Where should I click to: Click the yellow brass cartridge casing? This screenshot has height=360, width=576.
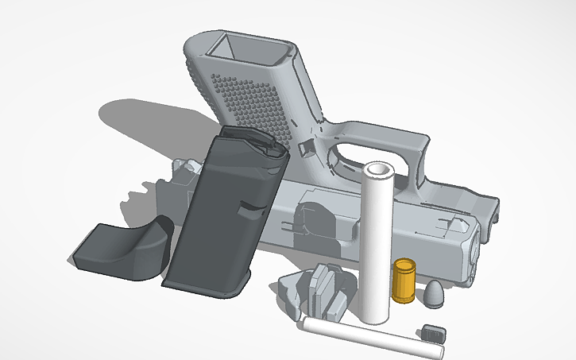click(x=404, y=281)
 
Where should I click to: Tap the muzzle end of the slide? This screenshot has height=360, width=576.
click(x=473, y=254)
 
